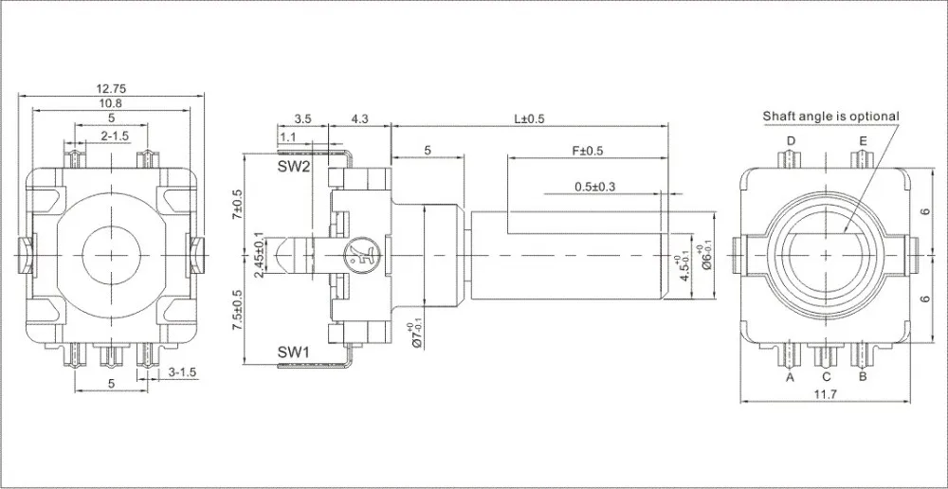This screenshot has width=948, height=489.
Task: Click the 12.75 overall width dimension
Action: (112, 88)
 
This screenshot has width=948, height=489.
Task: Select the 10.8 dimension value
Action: (112, 103)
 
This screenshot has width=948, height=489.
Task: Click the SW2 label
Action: (294, 167)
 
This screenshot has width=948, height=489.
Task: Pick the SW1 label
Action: (294, 353)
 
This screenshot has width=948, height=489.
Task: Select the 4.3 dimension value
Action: (359, 119)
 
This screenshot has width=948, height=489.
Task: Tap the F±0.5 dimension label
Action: (589, 151)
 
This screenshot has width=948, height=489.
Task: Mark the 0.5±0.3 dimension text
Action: (595, 186)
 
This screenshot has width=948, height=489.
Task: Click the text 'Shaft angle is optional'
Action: (831, 117)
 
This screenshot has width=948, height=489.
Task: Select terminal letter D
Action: (790, 141)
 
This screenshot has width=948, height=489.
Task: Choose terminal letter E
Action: (863, 141)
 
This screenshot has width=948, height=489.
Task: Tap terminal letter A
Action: (789, 376)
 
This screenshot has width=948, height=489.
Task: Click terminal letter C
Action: (826, 376)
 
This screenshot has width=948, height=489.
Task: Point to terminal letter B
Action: (863, 376)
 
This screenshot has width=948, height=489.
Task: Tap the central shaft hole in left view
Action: (112, 254)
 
